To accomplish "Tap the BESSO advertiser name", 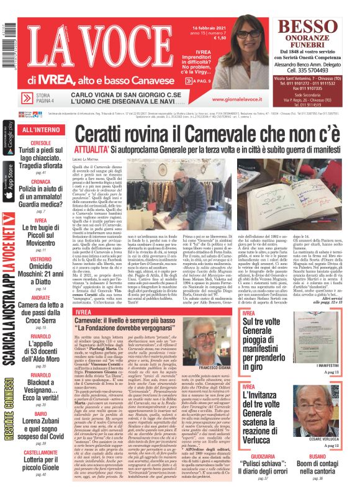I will coord(307,27).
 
